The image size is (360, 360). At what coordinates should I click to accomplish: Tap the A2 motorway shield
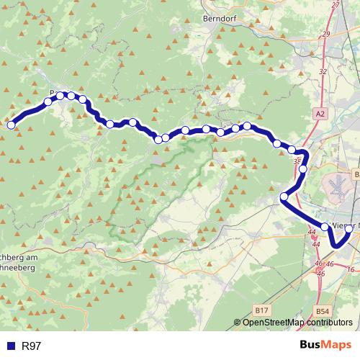point(320,114)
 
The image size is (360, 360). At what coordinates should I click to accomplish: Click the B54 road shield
point(323,310)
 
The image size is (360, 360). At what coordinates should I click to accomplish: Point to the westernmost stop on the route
point(11,125)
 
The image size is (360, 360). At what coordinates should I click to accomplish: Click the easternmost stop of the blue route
point(349,228)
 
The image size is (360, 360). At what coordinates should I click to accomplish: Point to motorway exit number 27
point(333,6)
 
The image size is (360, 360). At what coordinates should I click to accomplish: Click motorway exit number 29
point(326,35)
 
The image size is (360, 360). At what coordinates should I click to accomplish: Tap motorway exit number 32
point(322,71)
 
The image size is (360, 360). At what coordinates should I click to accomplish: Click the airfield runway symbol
point(336,186)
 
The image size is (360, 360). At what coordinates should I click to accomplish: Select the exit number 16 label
point(351,269)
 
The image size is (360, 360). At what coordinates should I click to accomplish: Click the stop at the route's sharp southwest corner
point(284,197)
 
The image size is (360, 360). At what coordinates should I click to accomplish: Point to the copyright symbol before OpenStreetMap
point(238,323)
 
